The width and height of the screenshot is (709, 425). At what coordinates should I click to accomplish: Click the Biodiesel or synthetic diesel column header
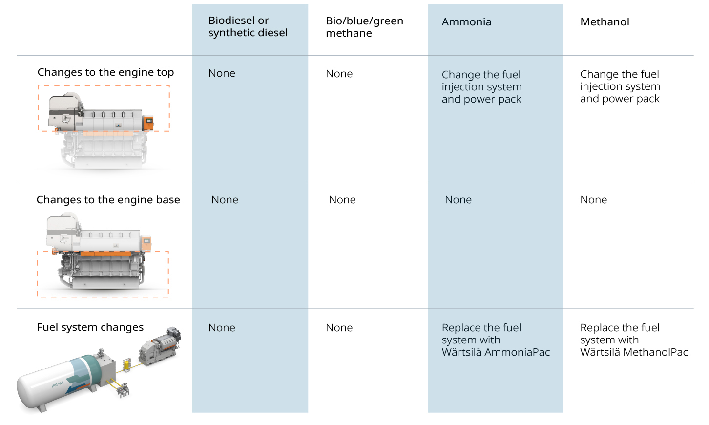point(248,26)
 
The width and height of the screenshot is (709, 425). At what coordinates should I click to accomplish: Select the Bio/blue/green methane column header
point(364,27)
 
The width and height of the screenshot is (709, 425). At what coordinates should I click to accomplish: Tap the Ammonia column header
point(466,22)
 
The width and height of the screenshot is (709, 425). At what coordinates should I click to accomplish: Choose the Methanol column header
point(605,22)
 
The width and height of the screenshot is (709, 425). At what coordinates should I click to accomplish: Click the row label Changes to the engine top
point(105,72)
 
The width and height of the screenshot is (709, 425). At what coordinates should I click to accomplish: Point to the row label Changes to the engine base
point(108,200)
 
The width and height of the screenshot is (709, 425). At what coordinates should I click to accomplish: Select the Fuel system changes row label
point(90,327)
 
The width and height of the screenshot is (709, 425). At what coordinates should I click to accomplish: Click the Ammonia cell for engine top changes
point(481,87)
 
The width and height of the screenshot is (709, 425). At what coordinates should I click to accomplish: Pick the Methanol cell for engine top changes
point(620,86)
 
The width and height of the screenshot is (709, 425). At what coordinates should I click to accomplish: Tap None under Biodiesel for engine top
point(222,73)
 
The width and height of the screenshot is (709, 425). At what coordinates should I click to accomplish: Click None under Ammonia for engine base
point(458,200)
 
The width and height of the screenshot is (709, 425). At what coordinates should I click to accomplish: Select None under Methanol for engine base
point(593,200)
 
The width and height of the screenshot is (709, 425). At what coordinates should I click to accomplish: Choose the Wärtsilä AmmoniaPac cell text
point(495,340)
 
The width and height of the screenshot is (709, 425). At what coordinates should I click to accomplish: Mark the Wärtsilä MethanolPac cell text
point(633,340)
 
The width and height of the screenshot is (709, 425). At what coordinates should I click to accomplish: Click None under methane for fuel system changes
point(339,328)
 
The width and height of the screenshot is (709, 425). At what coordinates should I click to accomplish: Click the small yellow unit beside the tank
point(127,364)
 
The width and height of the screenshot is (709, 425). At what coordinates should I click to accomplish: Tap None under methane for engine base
point(342,200)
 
